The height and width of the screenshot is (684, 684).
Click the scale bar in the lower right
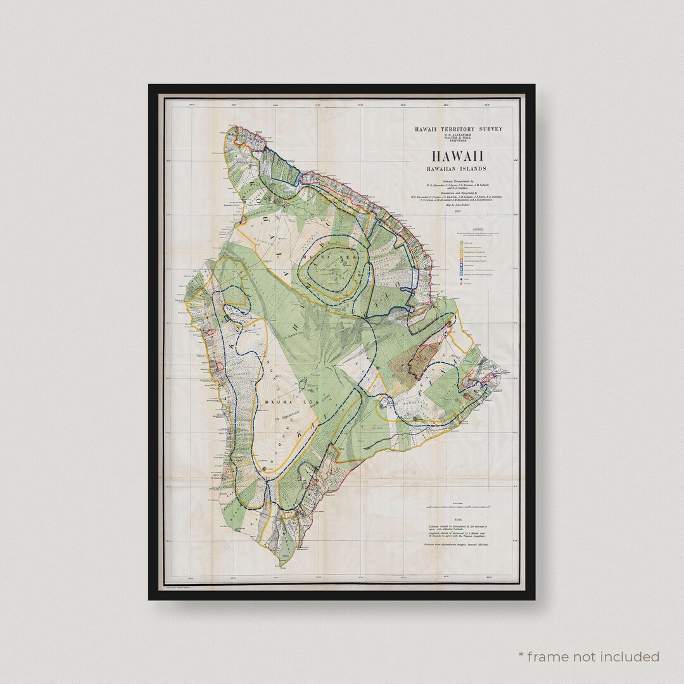tap(458, 507)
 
